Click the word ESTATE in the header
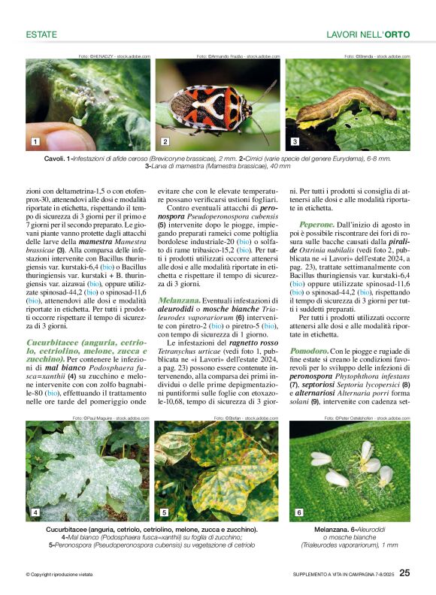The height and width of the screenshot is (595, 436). point(42,35)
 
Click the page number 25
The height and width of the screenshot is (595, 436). point(404,573)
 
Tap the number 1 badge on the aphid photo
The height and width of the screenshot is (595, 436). point(35,141)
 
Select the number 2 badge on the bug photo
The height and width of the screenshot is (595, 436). point(165,141)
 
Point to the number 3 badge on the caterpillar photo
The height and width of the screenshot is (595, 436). point(295,141)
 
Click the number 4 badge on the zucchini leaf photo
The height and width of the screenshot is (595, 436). point(35,512)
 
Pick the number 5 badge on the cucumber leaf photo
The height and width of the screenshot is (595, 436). point(164,512)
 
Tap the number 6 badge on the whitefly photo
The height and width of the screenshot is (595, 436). point(298,512)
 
